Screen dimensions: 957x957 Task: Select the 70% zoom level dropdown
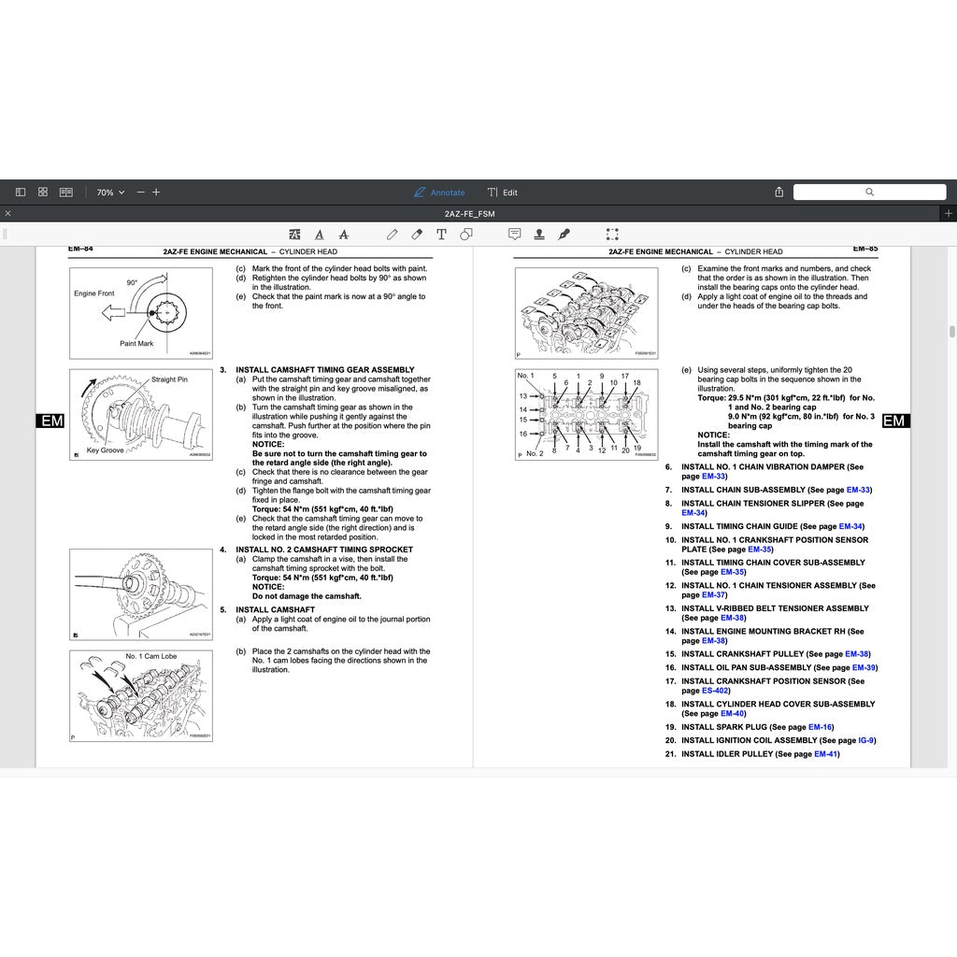(110, 193)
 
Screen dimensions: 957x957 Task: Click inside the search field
(869, 193)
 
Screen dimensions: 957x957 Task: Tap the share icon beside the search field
(779, 193)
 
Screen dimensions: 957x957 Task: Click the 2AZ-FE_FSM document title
(469, 214)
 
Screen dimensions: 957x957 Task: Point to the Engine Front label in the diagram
(94, 293)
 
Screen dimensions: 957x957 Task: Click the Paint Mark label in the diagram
(136, 343)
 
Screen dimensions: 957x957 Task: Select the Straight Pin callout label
(169, 379)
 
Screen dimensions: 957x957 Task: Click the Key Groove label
(106, 450)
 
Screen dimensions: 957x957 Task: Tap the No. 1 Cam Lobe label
(151, 656)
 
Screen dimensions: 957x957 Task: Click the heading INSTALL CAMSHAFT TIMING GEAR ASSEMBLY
(324, 370)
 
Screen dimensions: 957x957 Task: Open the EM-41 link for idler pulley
(825, 754)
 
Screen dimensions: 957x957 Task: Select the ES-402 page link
(715, 691)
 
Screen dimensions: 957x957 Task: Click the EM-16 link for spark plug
(820, 727)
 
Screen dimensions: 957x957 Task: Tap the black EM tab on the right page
(894, 421)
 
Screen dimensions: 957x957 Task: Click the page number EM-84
(81, 250)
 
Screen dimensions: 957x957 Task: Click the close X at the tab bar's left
(7, 214)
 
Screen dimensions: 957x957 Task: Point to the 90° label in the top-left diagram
(133, 282)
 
